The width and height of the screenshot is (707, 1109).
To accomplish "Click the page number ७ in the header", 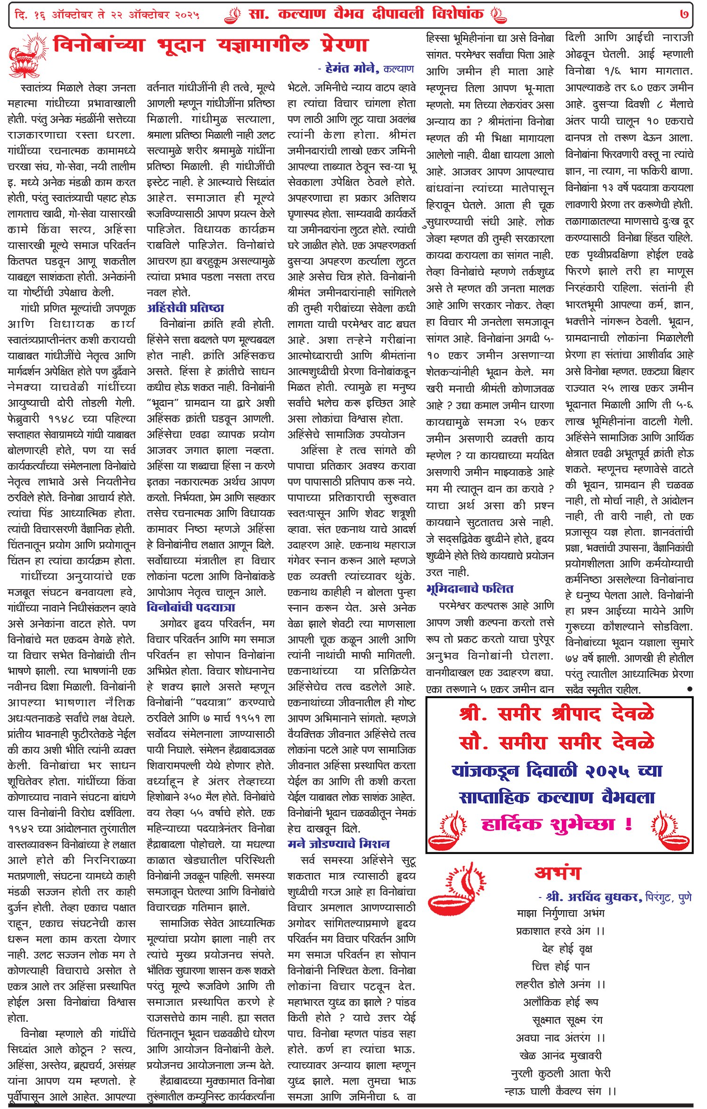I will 684,14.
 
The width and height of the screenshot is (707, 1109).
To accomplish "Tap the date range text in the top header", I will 107,15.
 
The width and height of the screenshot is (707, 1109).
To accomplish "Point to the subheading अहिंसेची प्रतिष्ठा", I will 185,308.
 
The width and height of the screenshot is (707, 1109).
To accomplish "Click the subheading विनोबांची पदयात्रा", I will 191,607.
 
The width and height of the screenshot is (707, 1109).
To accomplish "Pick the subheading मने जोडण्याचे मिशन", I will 338,843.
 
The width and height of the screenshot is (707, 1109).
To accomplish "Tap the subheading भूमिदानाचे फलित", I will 469,589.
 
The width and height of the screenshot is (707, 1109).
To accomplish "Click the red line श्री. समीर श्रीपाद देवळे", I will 557,714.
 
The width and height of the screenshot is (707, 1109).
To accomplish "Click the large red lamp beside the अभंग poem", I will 456,890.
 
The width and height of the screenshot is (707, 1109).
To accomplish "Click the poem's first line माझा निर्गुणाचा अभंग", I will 560,913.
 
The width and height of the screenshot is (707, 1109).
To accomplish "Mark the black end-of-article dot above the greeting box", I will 690,689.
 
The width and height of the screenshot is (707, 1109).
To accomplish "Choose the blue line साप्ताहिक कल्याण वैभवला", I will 557,797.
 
